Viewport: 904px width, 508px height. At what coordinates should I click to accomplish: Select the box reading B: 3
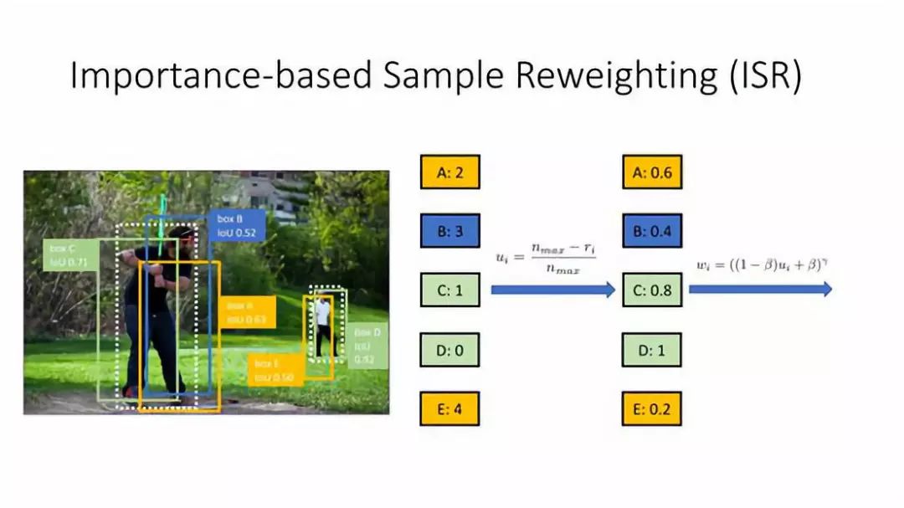pos(449,231)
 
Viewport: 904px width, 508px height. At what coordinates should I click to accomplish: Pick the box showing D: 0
pos(449,350)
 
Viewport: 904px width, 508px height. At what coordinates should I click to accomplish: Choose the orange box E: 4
pos(449,408)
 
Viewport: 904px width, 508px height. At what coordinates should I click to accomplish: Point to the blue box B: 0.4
pos(652,231)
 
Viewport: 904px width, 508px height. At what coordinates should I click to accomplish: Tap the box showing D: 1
pos(652,350)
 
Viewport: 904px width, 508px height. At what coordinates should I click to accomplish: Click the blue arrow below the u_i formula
pos(552,290)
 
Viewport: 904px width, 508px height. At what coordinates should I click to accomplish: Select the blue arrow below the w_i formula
pos(760,289)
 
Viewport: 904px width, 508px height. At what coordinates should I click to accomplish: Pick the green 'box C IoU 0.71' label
pos(69,255)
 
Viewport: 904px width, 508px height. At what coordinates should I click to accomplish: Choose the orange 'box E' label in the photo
pos(273,370)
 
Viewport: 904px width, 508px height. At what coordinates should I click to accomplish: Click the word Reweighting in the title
pos(612,75)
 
